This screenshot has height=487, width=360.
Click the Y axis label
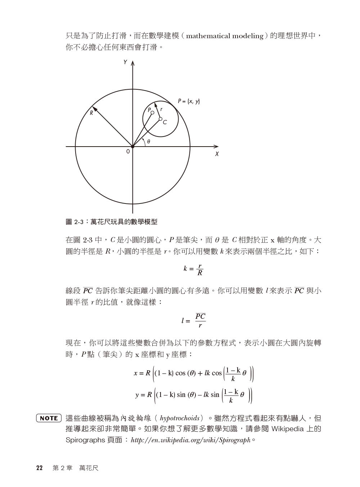click(x=125, y=62)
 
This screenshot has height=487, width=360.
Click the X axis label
click(x=217, y=154)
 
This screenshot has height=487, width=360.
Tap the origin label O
click(x=128, y=152)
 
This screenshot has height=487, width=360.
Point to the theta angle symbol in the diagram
click(x=148, y=142)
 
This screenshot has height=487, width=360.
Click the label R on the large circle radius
click(x=91, y=113)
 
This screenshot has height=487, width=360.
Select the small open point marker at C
click(x=161, y=119)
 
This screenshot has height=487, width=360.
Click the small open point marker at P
click(x=152, y=113)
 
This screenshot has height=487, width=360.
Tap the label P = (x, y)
click(x=189, y=101)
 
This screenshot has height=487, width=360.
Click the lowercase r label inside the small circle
click(x=161, y=109)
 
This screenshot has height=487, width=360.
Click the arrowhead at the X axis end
click(x=216, y=147)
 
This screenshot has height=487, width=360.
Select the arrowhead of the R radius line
click(x=94, y=108)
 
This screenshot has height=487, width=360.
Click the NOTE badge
click(x=49, y=418)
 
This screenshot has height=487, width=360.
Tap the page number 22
click(x=39, y=468)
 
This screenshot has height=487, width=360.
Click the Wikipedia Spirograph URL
click(x=191, y=440)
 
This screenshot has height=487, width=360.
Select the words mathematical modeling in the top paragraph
click(x=225, y=36)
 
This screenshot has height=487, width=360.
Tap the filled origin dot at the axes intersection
click(x=132, y=147)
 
